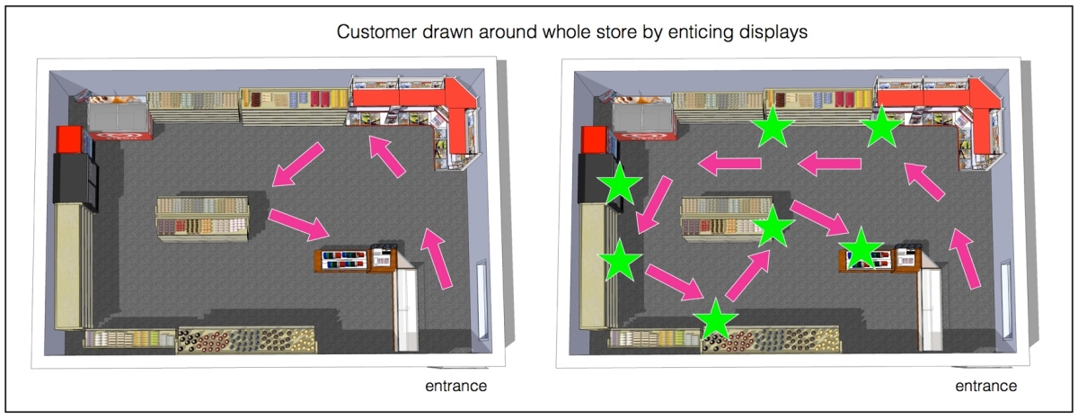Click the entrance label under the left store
tap(455, 387)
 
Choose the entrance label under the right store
tap(985, 387)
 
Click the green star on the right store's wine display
tap(716, 319)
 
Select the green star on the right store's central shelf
tap(772, 227)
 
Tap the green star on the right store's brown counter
tap(861, 247)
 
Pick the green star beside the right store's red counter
tap(882, 129)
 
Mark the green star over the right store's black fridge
tap(620, 187)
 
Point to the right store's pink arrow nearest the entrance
tap(966, 258)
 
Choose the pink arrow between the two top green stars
tap(830, 164)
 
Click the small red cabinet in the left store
tap(69, 139)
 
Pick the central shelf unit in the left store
tap(201, 219)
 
